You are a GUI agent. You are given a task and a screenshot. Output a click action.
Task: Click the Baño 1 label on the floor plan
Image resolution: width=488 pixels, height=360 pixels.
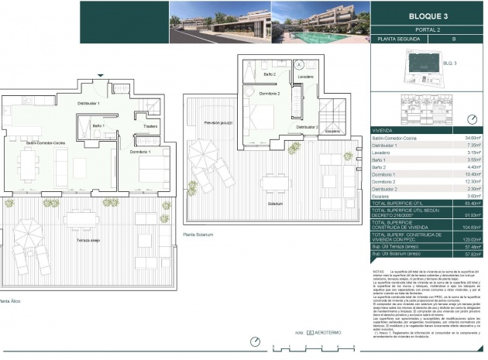pos(98,125)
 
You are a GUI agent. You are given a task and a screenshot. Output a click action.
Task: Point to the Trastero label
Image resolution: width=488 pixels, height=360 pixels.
pos(150,126)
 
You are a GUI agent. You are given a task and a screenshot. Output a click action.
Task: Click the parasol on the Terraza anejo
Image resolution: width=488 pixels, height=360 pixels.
pos(29,229)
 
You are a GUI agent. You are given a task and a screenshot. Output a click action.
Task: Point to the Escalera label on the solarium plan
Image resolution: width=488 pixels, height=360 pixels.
pos(332,131)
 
